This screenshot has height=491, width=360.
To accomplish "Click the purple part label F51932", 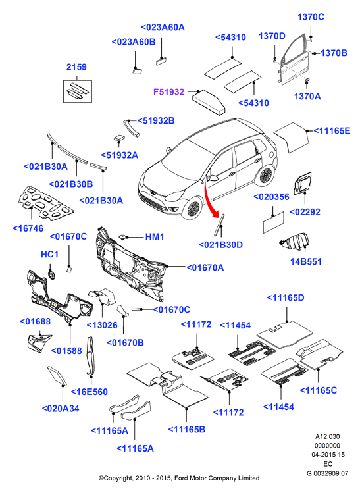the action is coord(168,92).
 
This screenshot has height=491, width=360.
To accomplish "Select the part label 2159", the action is coord(76,67).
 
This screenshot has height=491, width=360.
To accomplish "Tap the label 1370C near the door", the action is coord(311,17).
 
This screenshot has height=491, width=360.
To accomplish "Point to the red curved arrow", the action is coord(210,200).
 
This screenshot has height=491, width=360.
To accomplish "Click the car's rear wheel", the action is coord(266,174).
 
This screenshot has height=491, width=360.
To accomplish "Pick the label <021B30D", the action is coord(220,245).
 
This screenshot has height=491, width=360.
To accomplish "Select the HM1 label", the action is coord(155,237).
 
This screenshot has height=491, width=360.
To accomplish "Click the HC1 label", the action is coord(50,254).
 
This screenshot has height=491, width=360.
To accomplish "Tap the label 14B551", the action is coord(306,261).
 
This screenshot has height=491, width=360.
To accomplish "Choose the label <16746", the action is coord(28,228).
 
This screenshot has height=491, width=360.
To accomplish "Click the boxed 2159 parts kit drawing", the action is coord(78,91).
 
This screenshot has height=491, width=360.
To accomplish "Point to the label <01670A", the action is coord(205,267).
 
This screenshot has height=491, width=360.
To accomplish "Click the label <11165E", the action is coord(332,131).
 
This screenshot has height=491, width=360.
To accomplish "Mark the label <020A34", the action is coord(61,409).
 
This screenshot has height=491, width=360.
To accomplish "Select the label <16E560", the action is coord(90,392).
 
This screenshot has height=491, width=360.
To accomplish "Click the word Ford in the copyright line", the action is coord(180,478).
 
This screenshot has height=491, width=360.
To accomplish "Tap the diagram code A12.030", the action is coord(328,436).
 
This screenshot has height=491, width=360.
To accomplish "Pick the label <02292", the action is coord(305,212).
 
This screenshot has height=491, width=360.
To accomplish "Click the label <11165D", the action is coord(286,297).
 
